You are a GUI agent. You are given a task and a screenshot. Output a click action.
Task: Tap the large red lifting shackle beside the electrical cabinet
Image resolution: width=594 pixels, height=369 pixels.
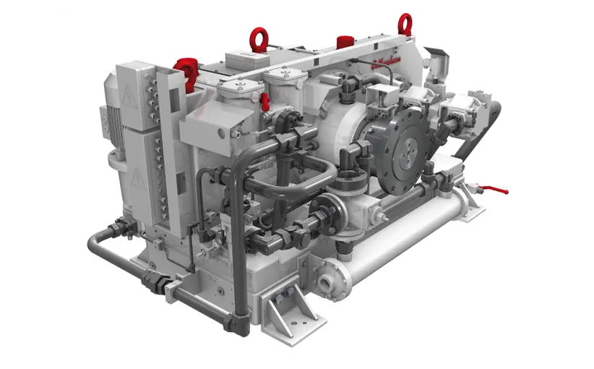tap(186, 72)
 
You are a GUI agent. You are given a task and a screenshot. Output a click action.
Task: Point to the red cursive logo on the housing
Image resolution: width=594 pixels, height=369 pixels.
tap(390, 64)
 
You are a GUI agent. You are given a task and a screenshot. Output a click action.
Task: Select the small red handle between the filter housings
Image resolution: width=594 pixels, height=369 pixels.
tap(265, 102)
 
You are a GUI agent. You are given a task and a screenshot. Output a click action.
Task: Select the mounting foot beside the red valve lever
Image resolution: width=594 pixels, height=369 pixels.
tap(469, 205)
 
